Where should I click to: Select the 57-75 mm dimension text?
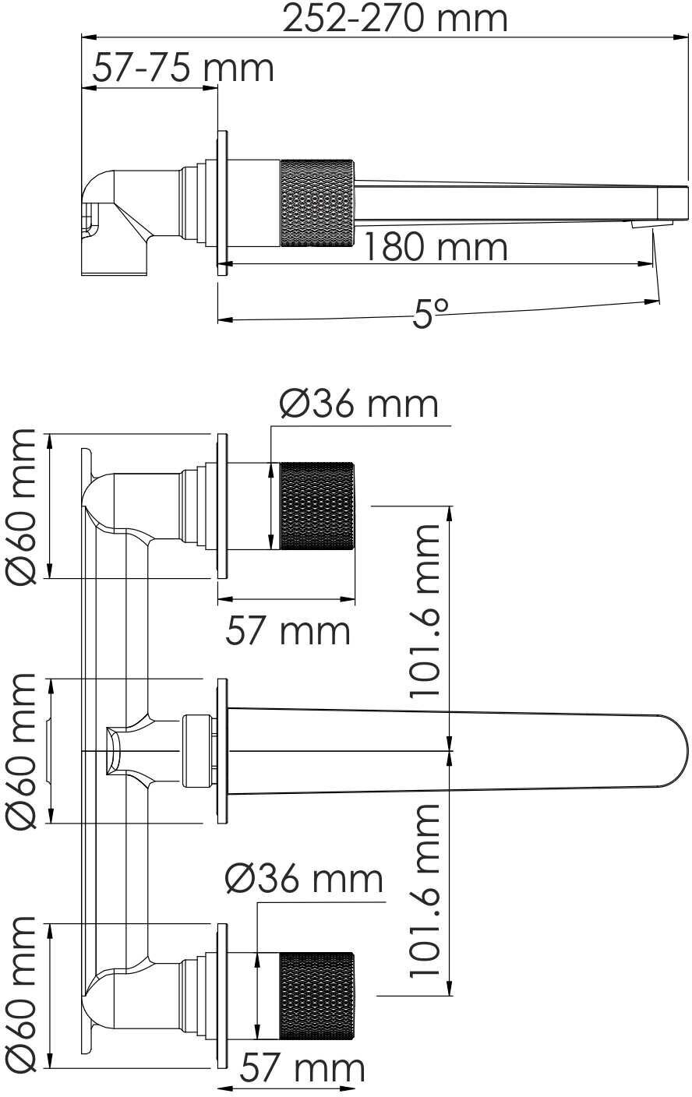coord(183,68)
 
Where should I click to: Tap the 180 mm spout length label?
coord(435,247)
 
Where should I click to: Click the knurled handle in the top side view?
coord(316,201)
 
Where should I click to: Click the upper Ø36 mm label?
coord(358,404)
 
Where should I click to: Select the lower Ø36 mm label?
coord(304,880)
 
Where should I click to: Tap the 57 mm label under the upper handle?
coord(288,630)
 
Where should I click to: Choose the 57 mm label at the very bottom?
coord(301,1068)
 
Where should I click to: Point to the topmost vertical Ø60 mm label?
coord(21,506)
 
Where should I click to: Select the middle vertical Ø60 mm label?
coord(21,751)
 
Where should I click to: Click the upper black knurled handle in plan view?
coord(316,506)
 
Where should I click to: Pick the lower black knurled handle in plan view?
coord(316,995)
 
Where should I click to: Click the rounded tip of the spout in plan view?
coord(675,751)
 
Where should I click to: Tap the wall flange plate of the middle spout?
coord(222,751)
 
